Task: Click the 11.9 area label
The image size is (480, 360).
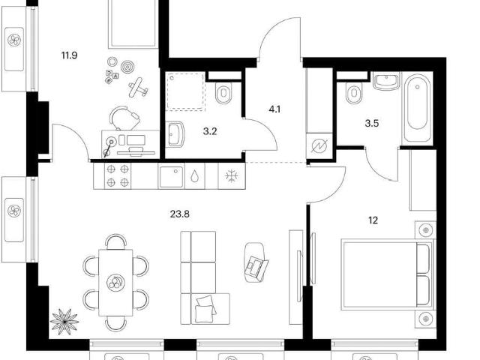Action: (70, 55)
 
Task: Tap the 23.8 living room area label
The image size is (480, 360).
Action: (180, 214)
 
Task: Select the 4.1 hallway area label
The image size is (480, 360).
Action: (274, 109)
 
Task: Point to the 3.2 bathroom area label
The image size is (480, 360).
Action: (210, 131)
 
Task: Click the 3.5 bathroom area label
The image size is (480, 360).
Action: (372, 123)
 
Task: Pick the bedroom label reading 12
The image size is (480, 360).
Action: (373, 220)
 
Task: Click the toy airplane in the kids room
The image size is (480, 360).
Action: (138, 88)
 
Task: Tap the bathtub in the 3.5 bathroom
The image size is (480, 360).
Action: (417, 108)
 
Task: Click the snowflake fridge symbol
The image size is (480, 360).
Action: (232, 176)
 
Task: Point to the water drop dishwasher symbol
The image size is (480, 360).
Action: (195, 176)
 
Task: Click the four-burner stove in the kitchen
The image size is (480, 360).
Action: (118, 175)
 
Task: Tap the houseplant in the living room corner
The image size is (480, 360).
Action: (64, 322)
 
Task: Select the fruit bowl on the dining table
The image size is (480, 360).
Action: (115, 282)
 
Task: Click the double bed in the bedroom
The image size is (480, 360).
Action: (387, 275)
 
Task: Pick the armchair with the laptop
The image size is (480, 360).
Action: (256, 262)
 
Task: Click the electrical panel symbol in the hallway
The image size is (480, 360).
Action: (319, 146)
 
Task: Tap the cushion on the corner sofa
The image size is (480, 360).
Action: (205, 309)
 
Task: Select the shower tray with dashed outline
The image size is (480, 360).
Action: (186, 91)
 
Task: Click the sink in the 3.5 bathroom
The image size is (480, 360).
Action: (386, 81)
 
